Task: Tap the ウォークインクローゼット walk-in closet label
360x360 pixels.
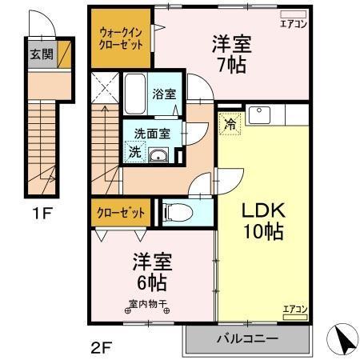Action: coord(121,38)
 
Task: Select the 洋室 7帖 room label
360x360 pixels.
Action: coord(231,53)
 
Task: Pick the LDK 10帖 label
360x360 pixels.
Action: coord(262,220)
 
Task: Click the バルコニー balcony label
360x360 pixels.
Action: coord(247,338)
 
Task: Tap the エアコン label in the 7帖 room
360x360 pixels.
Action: coord(294,24)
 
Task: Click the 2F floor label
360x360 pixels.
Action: coord(100,347)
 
